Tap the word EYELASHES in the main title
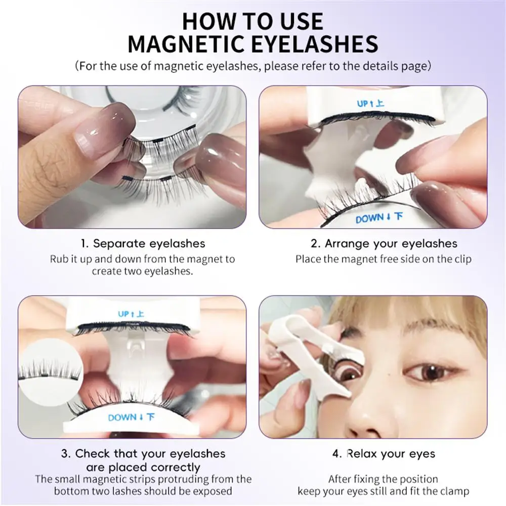312,44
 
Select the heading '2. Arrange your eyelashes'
384,243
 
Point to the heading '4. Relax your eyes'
384,453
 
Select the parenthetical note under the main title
253,66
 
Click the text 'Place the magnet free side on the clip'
384,259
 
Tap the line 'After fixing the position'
384,479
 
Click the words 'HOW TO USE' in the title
252,21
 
